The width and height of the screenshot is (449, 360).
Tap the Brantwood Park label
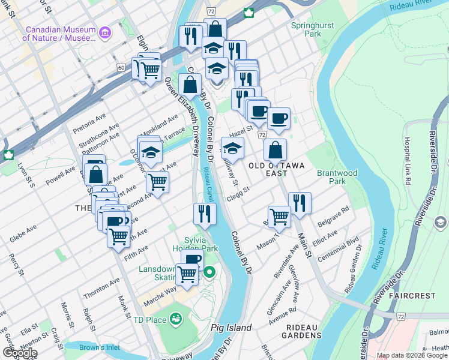(x=338, y=177)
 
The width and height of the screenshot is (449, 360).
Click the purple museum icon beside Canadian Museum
(x=106, y=31)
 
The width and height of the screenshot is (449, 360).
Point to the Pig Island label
(x=231, y=328)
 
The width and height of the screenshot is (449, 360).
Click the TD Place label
(x=149, y=320)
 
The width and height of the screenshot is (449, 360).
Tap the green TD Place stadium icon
(x=176, y=318)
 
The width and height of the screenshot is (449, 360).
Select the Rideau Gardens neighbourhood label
(x=304, y=331)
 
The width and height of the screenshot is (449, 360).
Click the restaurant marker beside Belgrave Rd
(x=300, y=203)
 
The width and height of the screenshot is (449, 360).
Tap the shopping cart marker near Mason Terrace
(x=279, y=215)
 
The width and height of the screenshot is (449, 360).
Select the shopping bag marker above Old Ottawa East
(x=275, y=149)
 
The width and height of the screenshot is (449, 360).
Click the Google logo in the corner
(x=19, y=353)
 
